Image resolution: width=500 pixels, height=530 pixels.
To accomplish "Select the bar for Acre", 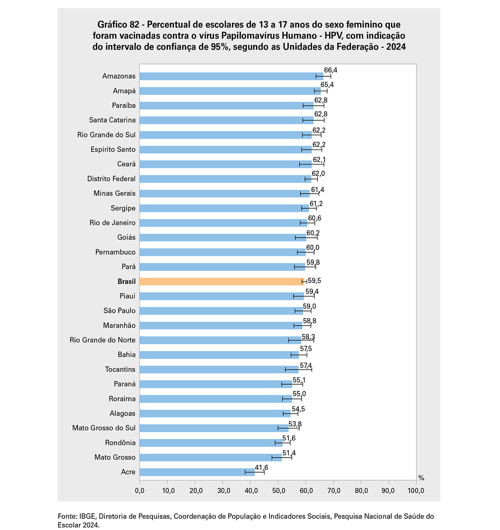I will coord(197,472).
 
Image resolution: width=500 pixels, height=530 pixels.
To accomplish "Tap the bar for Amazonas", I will coord(231,76).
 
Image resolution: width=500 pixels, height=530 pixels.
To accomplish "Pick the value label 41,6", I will coord(262,468).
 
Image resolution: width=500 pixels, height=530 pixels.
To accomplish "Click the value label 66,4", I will coord(331,70).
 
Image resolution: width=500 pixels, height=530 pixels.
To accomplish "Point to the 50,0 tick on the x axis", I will coord(278,491).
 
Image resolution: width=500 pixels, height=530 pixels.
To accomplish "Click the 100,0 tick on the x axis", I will coord(416,491).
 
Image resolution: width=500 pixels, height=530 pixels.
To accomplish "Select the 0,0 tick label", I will coord(140,491).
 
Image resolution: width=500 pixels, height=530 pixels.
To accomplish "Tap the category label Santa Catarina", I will coord(112,120).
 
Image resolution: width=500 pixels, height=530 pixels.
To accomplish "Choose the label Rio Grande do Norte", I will coord(102,340).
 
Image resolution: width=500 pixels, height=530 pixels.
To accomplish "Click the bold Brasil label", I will coord(127,281).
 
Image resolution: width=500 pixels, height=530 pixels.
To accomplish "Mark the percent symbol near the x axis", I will coord(421,478).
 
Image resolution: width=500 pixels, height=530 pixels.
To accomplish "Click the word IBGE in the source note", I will coord(87,516).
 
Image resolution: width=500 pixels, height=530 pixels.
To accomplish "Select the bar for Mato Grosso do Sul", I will coord(214,428).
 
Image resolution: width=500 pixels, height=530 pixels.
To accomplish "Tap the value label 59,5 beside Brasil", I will coord(315,281).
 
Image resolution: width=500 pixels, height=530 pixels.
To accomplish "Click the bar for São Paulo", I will coord(221,311).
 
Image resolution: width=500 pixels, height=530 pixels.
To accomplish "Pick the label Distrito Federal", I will coord(111,179).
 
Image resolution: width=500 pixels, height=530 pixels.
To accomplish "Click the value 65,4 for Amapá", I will coord(327,85).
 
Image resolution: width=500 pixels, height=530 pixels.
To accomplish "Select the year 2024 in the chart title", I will coord(396,47).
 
